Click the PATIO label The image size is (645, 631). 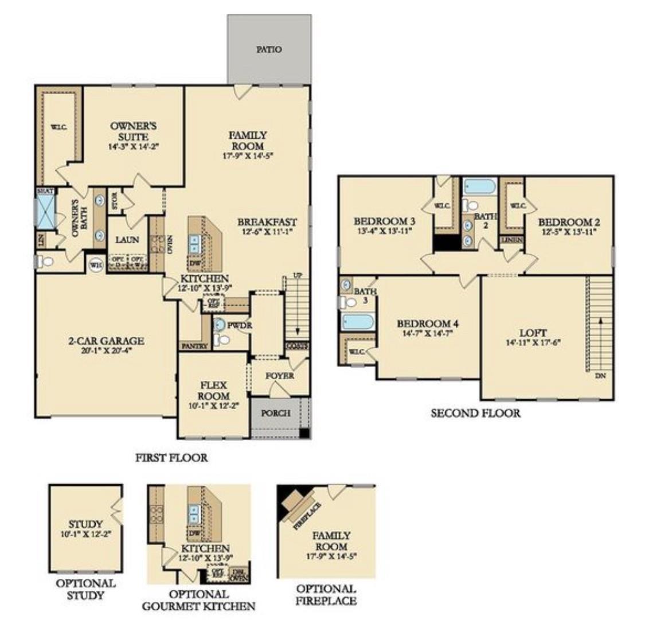tap(269, 49)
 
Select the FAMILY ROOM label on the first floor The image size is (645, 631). tap(248, 140)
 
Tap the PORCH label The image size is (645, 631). tap(276, 413)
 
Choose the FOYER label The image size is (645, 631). tap(280, 376)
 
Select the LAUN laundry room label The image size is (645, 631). tap(127, 240)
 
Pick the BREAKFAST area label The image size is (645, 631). tap(267, 222)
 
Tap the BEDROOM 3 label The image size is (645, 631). tap(384, 221)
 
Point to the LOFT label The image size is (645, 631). tap(533, 333)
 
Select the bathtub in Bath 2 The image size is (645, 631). tap(480, 186)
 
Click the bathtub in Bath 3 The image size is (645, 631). tap(358, 321)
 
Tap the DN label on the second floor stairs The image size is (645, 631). tap(600, 376)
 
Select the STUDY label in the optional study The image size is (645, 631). tap(85, 524)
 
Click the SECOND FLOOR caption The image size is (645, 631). tap(475, 413)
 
